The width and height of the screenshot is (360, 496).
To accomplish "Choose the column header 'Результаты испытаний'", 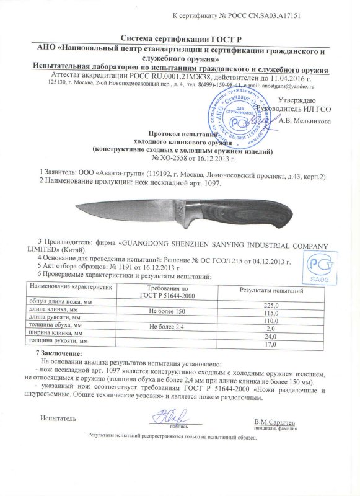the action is click(x=271, y=291).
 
